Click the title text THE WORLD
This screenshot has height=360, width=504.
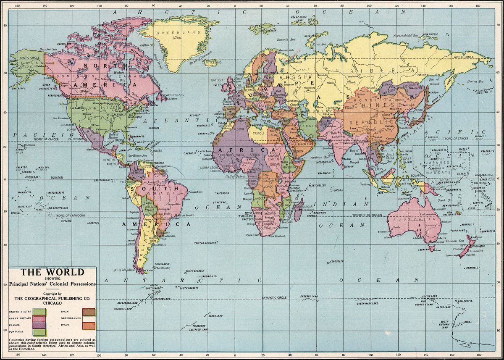(x=53, y=272)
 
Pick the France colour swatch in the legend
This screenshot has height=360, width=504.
(x=40, y=326)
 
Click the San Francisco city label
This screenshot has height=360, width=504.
(x=61, y=118)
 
